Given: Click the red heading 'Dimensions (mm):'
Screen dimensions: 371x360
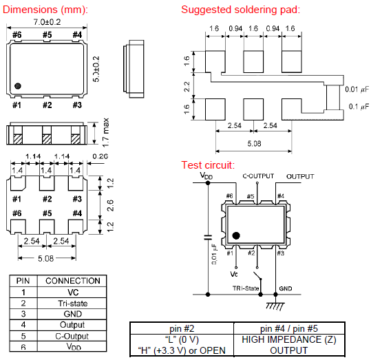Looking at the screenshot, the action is click(x=45, y=10).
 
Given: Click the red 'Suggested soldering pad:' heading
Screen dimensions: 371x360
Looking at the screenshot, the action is click(x=240, y=10).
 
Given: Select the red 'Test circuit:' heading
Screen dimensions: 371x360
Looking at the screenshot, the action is click(x=208, y=165).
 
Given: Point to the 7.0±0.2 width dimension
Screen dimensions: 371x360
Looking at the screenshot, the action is click(x=47, y=22).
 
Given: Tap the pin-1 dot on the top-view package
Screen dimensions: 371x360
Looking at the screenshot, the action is click(x=18, y=86).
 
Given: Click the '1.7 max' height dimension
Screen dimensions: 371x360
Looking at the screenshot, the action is click(x=105, y=132).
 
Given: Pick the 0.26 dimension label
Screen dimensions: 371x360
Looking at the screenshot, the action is click(x=100, y=156).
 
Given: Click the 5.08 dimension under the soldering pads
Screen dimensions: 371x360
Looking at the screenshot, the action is click(x=254, y=144).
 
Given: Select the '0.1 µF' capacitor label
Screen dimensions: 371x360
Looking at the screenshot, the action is click(x=359, y=107).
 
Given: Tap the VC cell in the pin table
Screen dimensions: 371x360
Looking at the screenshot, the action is click(x=73, y=293).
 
